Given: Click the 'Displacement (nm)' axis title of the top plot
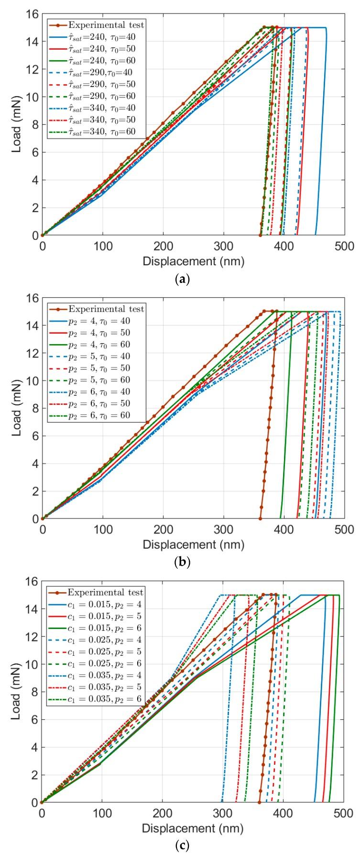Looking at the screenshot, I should [193, 261].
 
